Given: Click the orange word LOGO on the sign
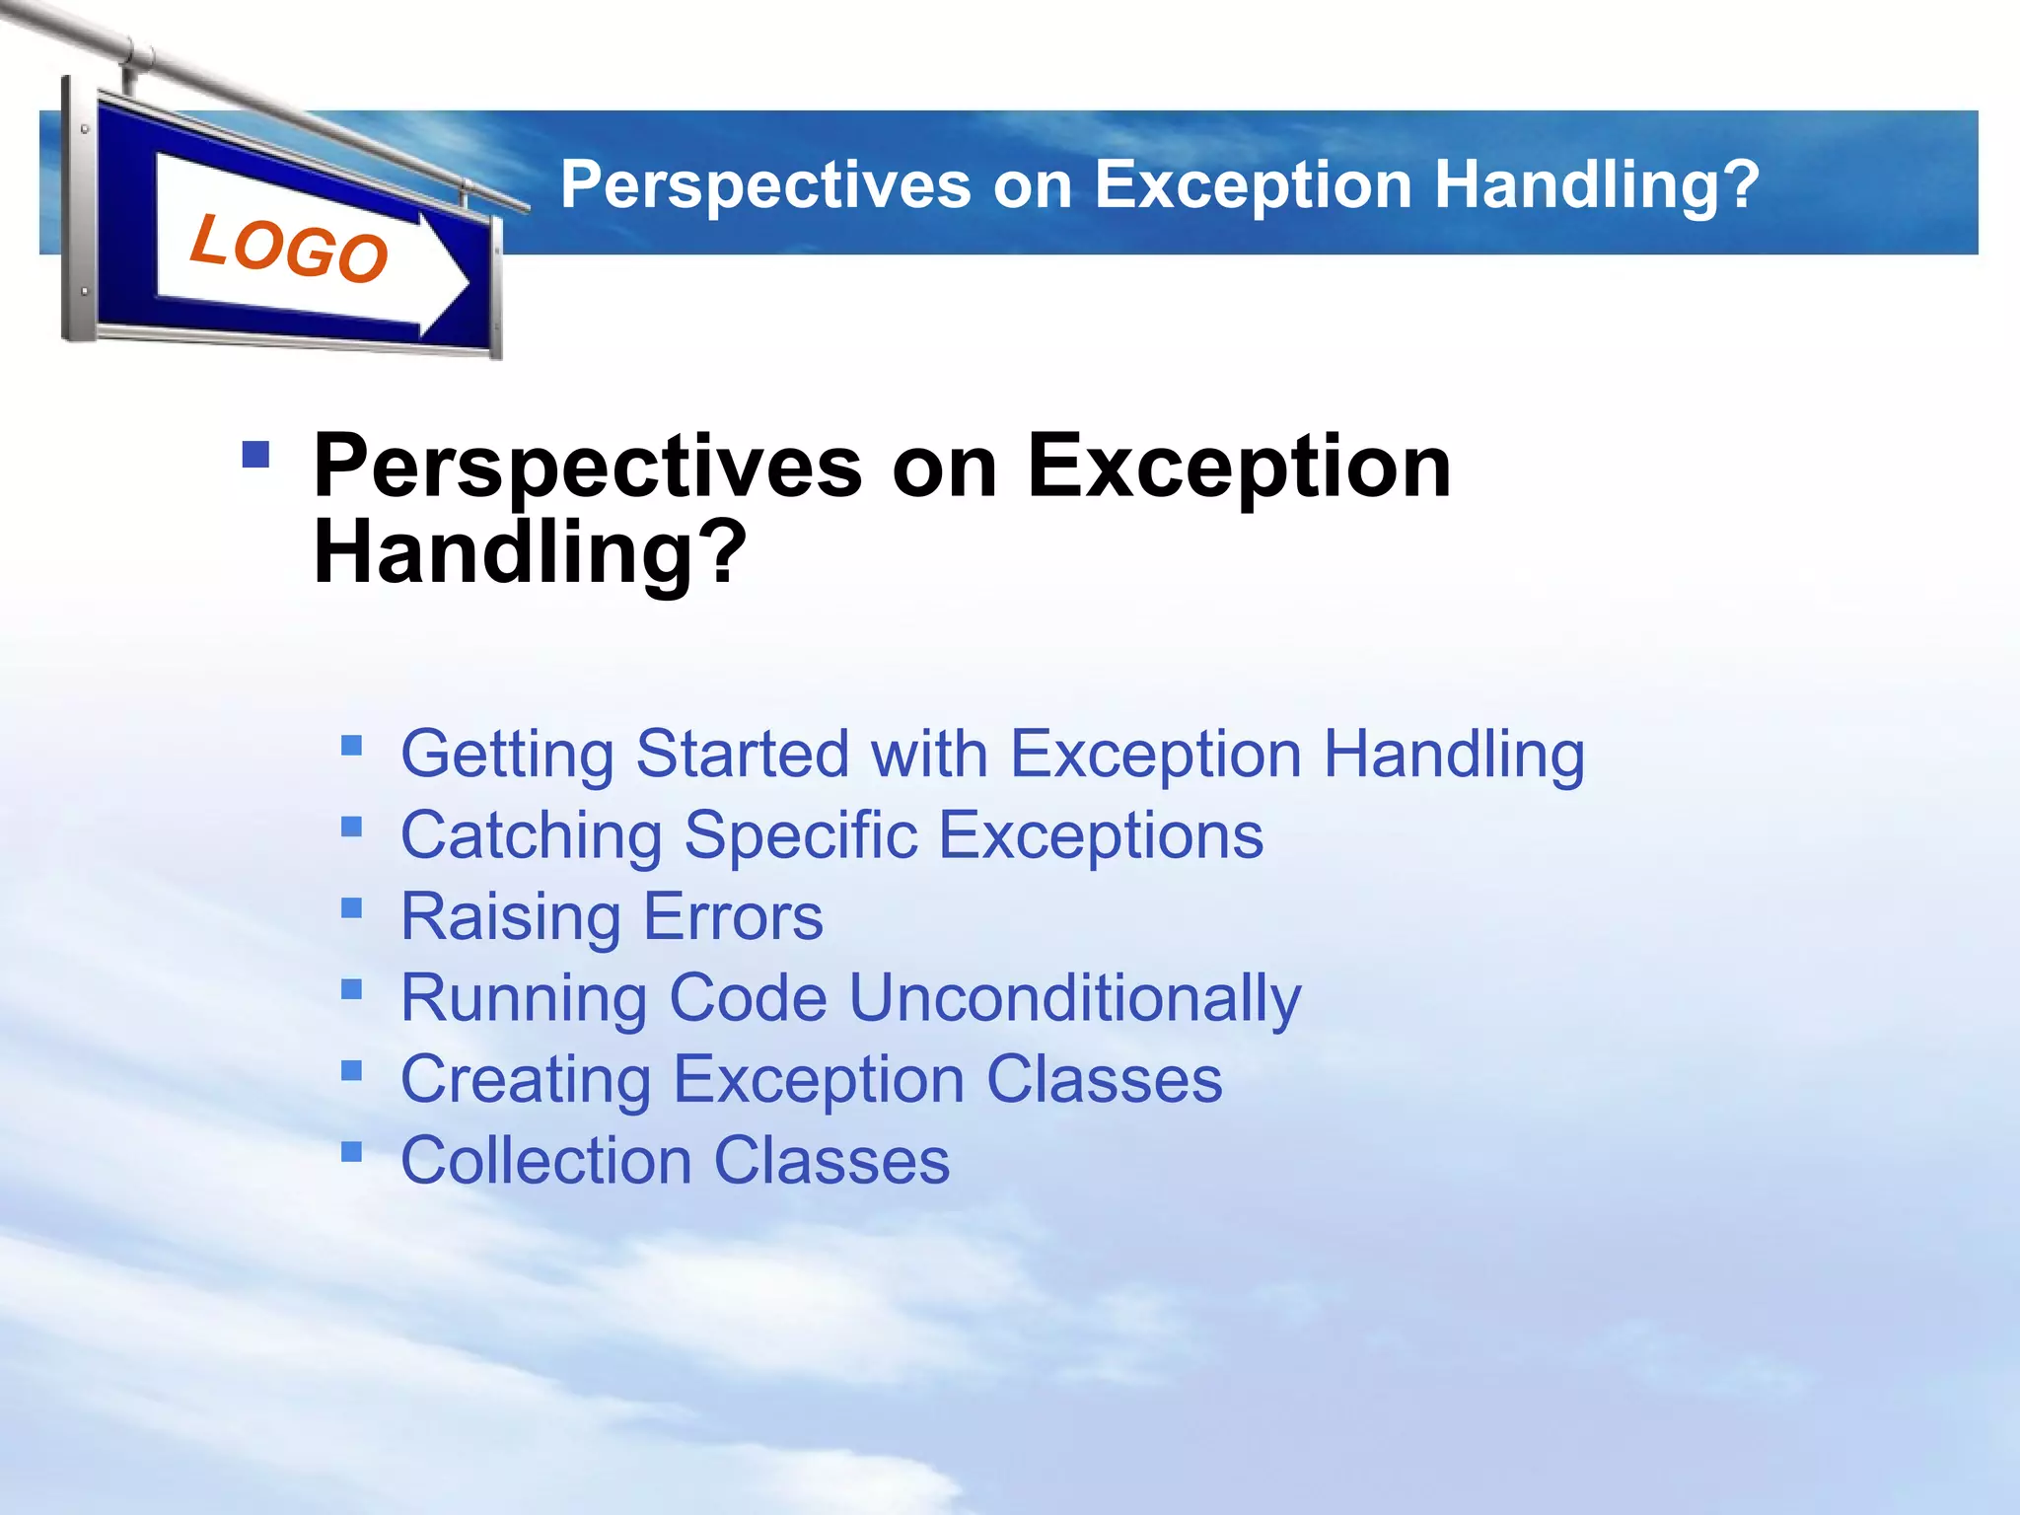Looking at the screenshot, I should tap(288, 249).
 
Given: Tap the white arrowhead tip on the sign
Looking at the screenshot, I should tap(464, 283).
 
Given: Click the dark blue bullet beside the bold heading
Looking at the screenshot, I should tap(255, 454).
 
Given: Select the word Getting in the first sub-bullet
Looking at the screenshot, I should tap(507, 755).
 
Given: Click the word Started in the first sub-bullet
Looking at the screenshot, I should tap(742, 755).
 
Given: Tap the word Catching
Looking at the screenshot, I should tap(531, 836).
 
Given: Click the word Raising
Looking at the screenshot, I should tap(510, 917).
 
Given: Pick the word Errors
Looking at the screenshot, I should tap(733, 917).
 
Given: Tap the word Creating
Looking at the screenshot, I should tap(525, 1080).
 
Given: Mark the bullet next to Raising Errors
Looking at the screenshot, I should tap(351, 906).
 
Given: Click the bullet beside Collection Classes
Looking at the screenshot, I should tap(351, 1150).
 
